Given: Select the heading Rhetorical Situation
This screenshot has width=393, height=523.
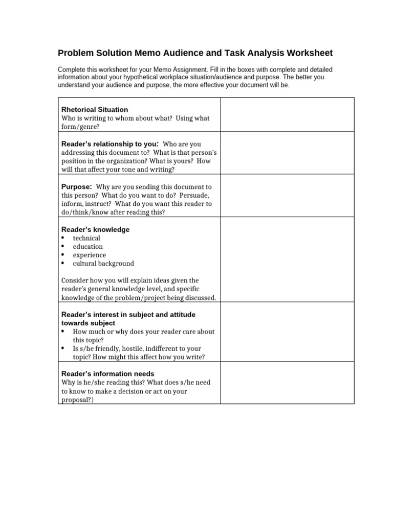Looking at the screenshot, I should [95, 109].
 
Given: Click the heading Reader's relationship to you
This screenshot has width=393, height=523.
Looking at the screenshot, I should [109, 144].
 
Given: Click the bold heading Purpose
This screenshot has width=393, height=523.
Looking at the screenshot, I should [76, 187].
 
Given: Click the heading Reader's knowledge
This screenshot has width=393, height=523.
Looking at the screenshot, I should [95, 229].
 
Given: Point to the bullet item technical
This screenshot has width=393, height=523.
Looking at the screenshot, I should [86, 238].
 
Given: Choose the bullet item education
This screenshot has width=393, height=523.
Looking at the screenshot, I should [88, 247].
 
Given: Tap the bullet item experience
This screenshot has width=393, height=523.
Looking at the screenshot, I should [90, 255].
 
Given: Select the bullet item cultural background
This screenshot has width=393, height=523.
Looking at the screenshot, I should [103, 264].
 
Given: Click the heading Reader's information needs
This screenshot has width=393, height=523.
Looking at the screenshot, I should [107, 373].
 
